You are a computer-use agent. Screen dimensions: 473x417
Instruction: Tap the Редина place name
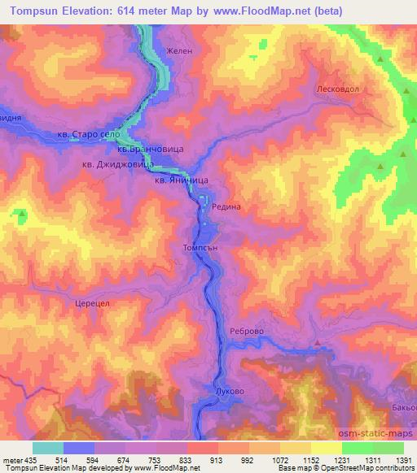click(x=226, y=207)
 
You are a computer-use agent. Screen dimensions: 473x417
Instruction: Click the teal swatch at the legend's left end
click(x=47, y=448)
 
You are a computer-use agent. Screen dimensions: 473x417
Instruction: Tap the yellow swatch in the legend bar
click(x=326, y=448)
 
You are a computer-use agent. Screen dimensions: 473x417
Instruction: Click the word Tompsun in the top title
click(x=36, y=11)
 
